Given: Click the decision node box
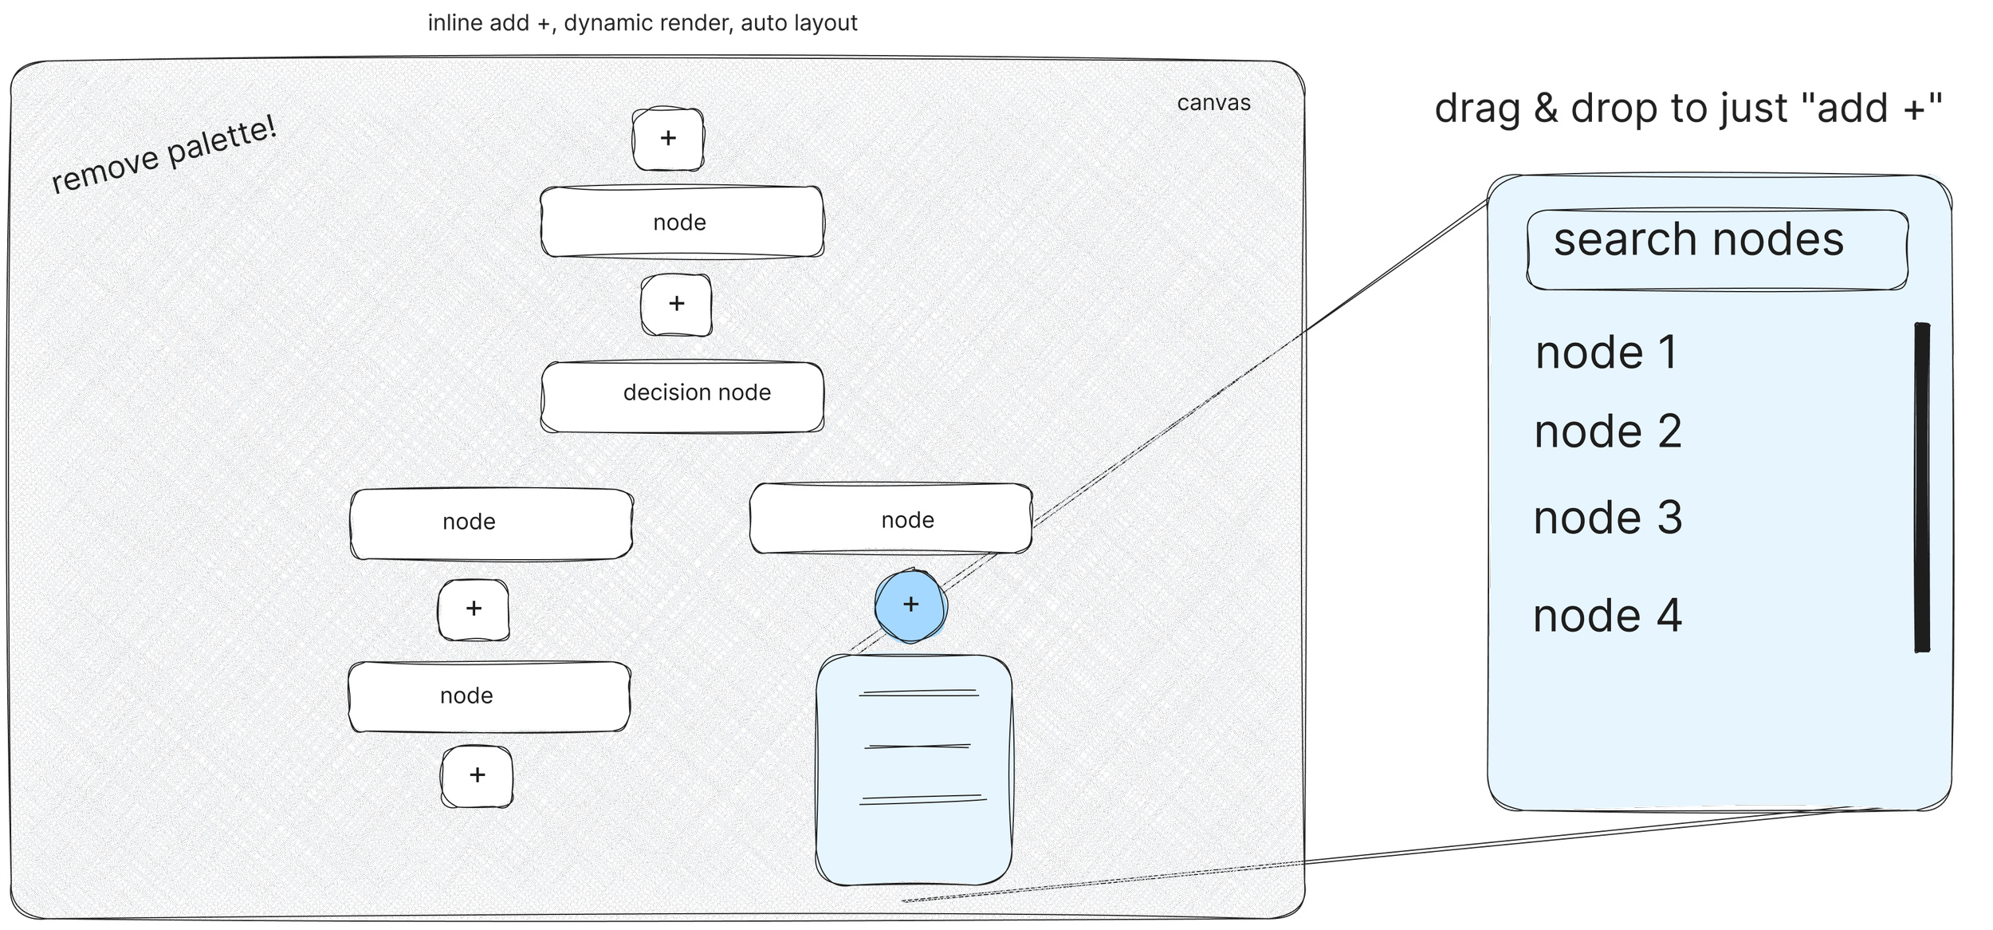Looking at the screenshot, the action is (682, 396).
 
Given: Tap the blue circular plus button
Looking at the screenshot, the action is (910, 605).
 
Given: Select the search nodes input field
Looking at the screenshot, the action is (1716, 249).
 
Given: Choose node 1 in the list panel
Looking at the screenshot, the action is (1606, 353).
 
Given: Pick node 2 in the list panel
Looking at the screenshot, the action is (1607, 432).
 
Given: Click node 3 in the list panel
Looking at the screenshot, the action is (1607, 518).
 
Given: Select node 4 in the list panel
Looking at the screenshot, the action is (1606, 616).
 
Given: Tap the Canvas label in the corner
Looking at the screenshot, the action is (1213, 104).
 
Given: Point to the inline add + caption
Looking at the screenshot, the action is (643, 23).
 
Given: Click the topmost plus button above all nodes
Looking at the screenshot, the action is (668, 139).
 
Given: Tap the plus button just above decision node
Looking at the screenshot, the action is (676, 304).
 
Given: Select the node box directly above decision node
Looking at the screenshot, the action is (682, 222).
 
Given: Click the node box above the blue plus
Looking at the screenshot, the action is (890, 519).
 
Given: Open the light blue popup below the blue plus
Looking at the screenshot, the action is (914, 770).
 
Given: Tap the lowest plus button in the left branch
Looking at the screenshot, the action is (477, 775).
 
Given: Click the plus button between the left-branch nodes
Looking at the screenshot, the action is (474, 609).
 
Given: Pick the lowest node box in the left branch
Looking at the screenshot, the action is (489, 696).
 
